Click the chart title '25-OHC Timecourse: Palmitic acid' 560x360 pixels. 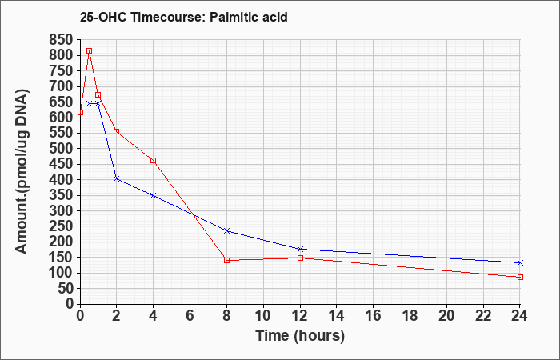pos(183,17)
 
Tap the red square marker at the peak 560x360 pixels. pos(90,51)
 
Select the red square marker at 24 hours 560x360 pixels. pos(520,277)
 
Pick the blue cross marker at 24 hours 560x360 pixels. pos(520,263)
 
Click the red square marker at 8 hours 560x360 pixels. pos(226,260)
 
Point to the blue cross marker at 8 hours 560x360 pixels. pos(226,230)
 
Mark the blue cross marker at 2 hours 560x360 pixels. pos(117,178)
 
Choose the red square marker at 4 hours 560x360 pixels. pos(154,161)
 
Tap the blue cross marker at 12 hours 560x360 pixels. pos(300,249)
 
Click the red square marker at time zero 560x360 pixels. pos(80,113)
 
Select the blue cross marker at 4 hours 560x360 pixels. pos(154,195)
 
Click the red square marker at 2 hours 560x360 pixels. pos(117,131)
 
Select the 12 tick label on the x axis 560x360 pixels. pos(300,315)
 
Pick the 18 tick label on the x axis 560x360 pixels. pos(410,315)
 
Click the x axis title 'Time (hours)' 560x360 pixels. pos(300,336)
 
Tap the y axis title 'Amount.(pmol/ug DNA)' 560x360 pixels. pos(22,172)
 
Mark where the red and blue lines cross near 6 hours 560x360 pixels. pos(193,214)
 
